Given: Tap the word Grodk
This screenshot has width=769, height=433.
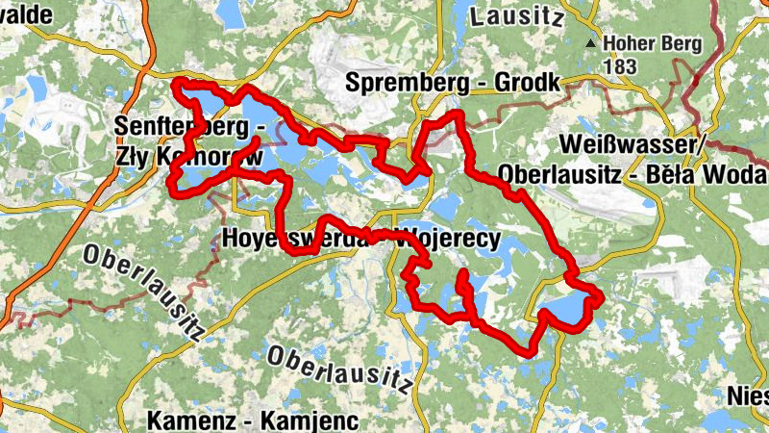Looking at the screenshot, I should [526, 85].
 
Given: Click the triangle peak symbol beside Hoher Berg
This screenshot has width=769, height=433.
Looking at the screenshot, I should [589, 43].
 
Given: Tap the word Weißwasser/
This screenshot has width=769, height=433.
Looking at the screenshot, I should [633, 144].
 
